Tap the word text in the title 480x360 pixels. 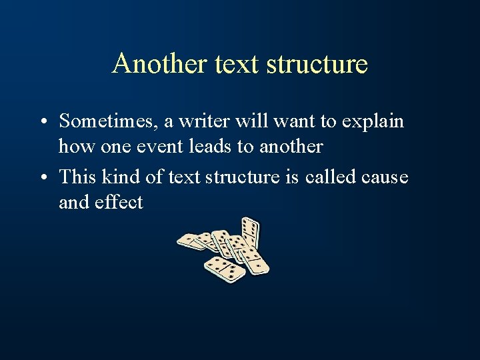[237, 64]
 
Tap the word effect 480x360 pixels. [119, 201]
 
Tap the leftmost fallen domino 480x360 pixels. [191, 241]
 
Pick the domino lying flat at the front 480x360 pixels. [225, 269]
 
